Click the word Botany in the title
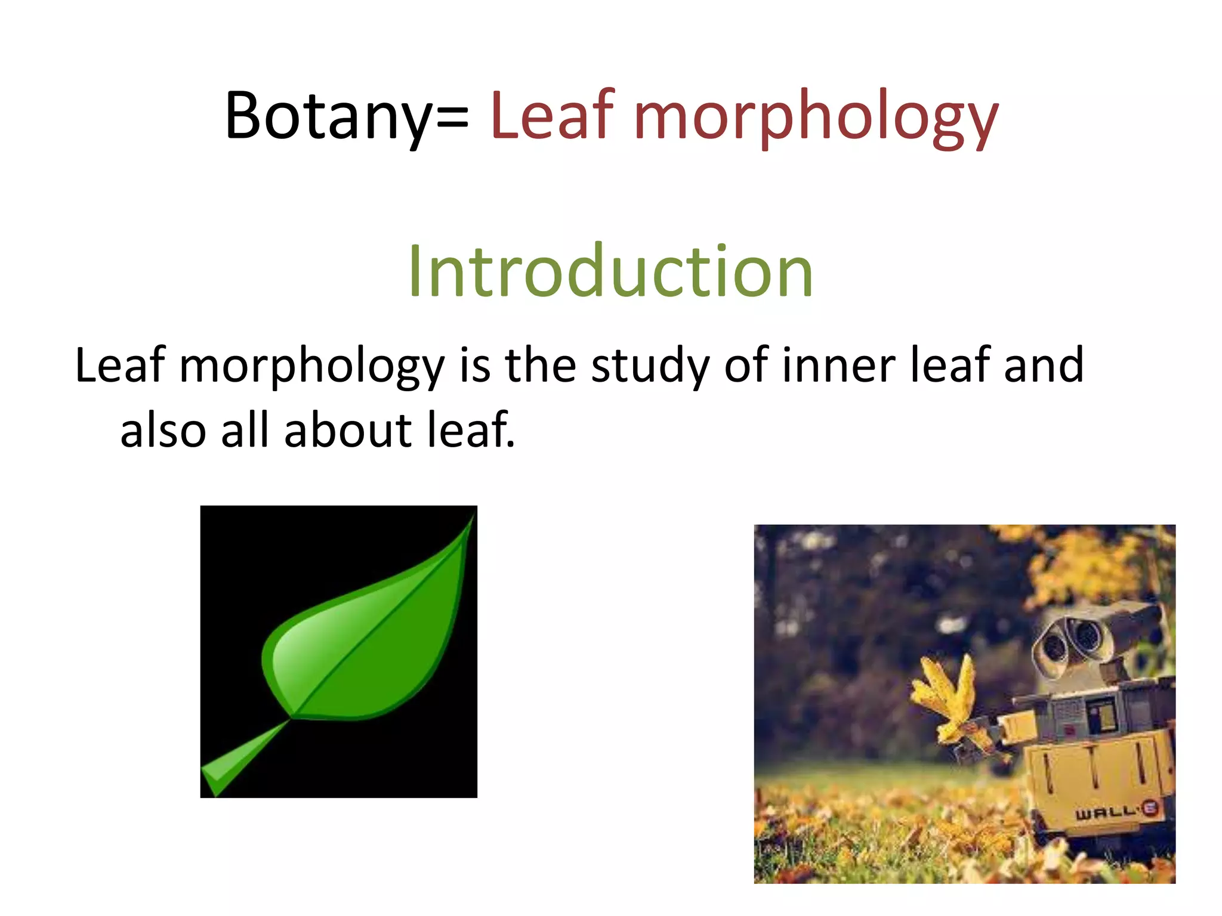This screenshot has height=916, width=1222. [x=327, y=116]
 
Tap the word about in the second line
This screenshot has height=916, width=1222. [x=347, y=431]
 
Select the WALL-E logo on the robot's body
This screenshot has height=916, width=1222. [x=1116, y=811]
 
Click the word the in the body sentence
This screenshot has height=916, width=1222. [x=540, y=365]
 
